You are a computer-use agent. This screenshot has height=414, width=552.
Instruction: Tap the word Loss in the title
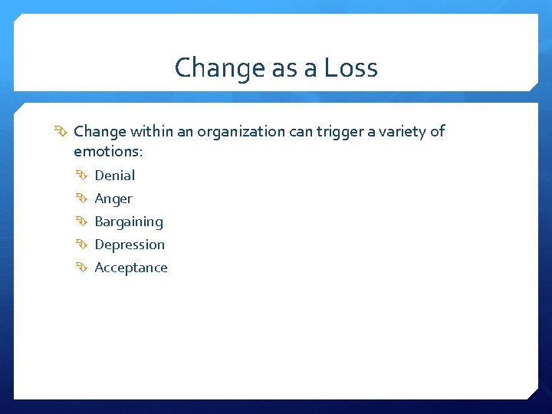(x=350, y=68)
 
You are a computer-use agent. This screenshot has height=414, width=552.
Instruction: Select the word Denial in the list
(x=114, y=176)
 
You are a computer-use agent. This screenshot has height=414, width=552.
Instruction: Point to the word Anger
(x=113, y=199)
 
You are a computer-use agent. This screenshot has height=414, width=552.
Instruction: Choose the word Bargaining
(x=129, y=222)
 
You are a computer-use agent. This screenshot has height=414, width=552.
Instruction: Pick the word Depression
(x=130, y=245)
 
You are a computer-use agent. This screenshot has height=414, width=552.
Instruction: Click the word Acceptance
(x=131, y=268)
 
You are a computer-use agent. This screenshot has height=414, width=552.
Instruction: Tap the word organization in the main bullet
(x=241, y=132)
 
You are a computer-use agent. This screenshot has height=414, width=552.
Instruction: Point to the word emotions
(x=108, y=152)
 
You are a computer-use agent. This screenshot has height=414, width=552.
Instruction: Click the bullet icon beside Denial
(x=83, y=176)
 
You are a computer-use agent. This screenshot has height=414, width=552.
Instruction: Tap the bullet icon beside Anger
(x=83, y=199)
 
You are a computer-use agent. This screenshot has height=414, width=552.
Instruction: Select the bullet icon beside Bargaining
(x=83, y=222)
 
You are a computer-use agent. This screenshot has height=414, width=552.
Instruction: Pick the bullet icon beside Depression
(x=83, y=245)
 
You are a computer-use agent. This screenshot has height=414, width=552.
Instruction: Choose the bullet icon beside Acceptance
(x=83, y=268)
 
